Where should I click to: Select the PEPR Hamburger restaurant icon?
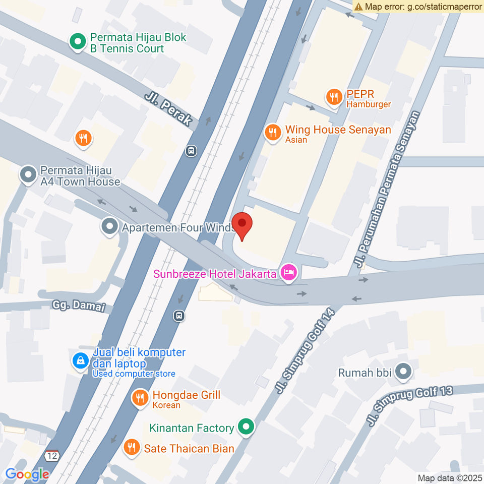pos(333,97)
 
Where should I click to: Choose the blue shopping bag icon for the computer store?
pos(80,361)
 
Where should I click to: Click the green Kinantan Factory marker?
pos(246,428)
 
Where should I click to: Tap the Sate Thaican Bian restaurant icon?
pos(132,447)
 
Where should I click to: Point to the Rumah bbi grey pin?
pos(403,373)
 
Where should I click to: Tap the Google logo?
pos(27,474)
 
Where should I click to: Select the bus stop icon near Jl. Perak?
pos(191,151)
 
